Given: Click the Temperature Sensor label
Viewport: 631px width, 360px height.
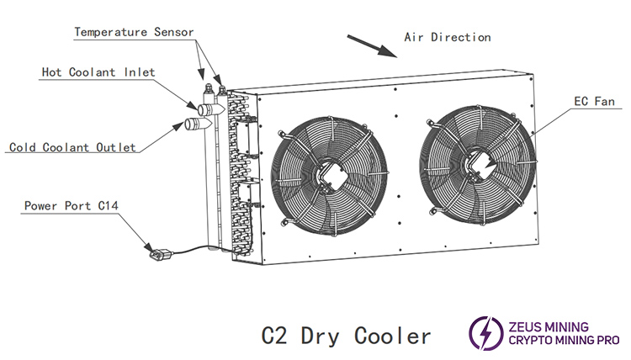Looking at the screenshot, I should [135, 32].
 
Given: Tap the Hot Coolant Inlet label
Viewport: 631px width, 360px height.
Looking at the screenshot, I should [98, 72].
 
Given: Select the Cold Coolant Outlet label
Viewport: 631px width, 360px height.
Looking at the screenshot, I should [72, 147].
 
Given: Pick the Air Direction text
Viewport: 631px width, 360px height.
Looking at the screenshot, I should [447, 37].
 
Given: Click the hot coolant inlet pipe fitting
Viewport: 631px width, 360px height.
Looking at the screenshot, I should [208, 109].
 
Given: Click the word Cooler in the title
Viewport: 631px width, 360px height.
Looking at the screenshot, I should [391, 336].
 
